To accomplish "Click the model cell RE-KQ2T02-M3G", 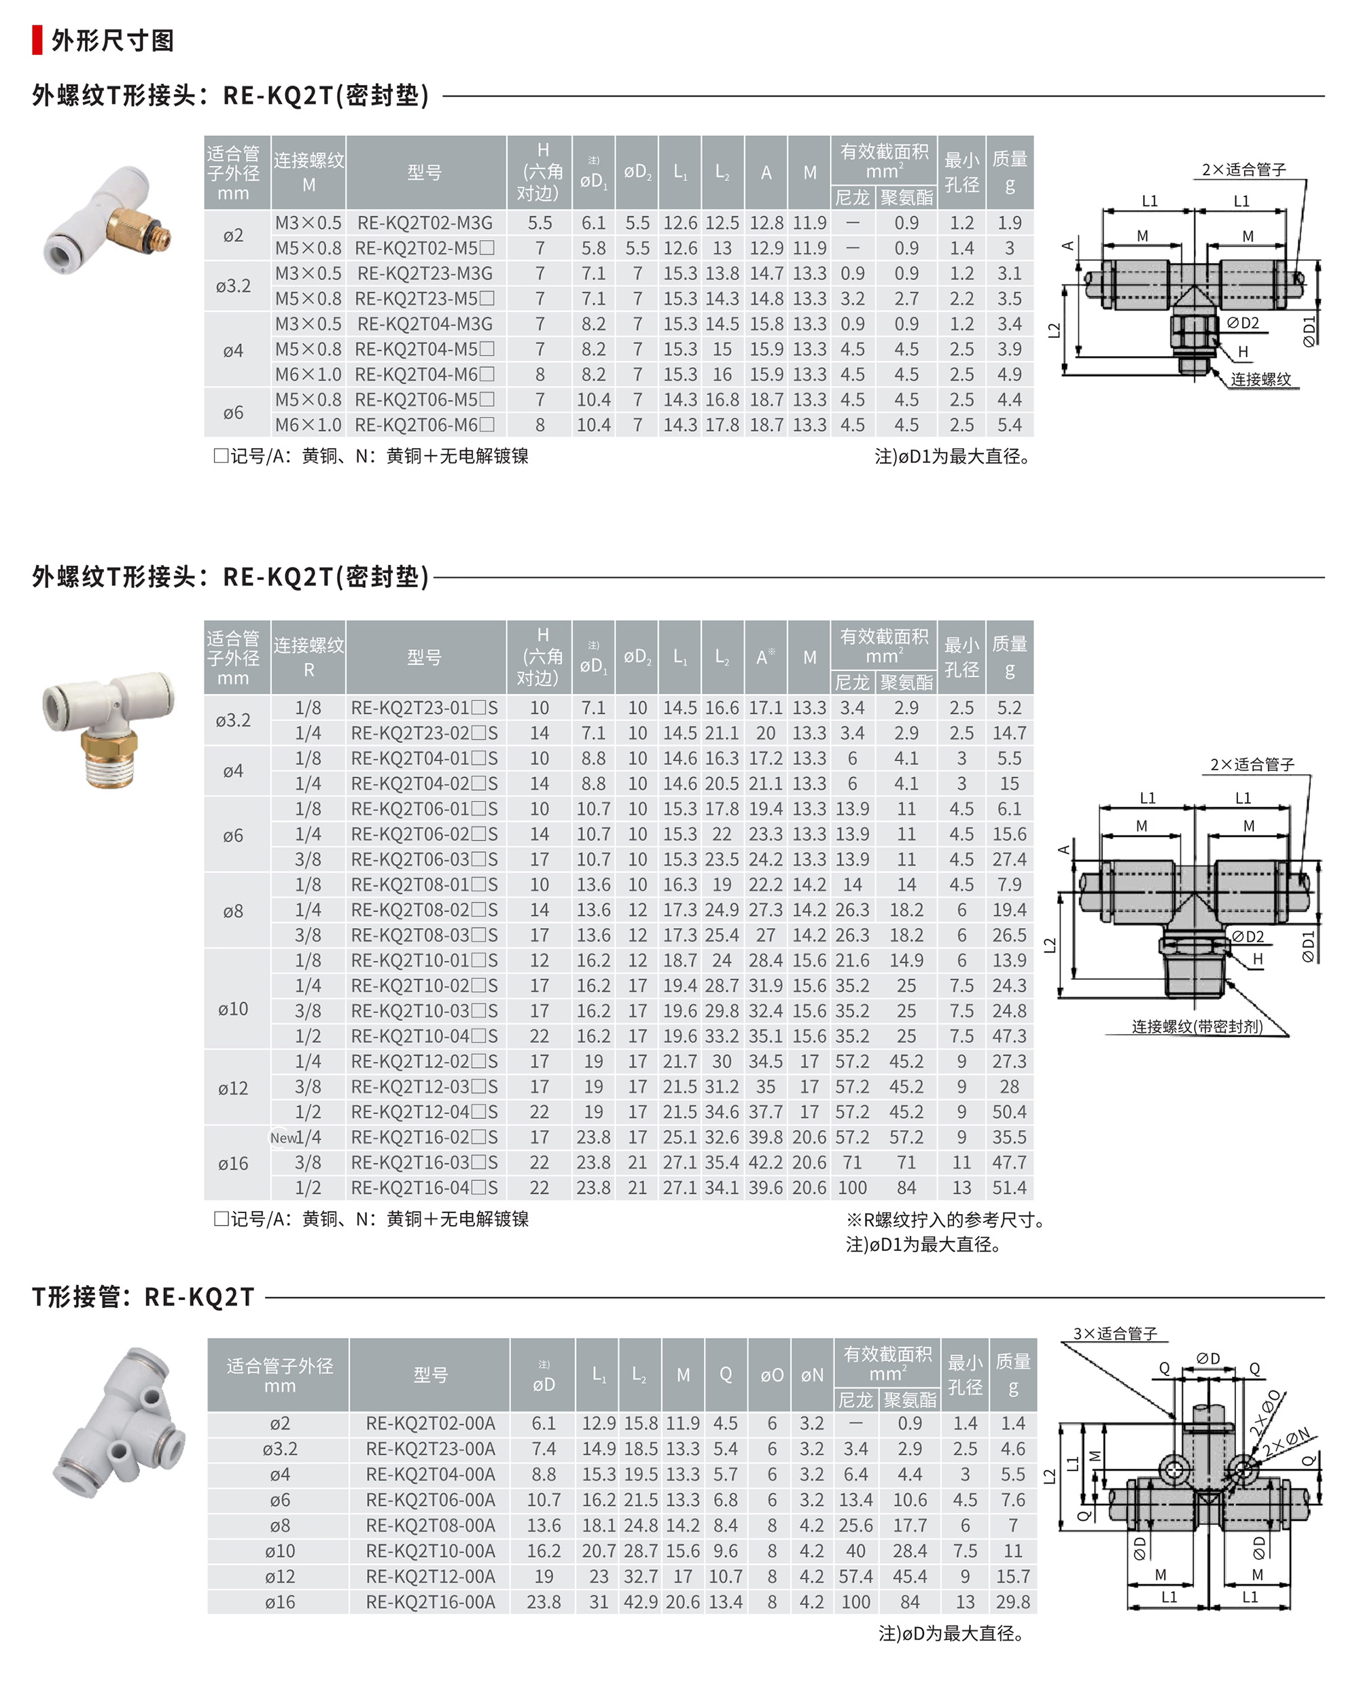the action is [x=425, y=223].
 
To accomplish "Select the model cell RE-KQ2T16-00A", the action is [x=431, y=1602].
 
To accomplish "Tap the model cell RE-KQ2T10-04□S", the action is [x=424, y=1036].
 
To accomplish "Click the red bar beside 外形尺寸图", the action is [x=37, y=40].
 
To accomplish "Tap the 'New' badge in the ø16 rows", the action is [x=283, y=1138].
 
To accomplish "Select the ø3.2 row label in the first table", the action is [x=233, y=286].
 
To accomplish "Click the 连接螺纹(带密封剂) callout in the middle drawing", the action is [x=1197, y=1027].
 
